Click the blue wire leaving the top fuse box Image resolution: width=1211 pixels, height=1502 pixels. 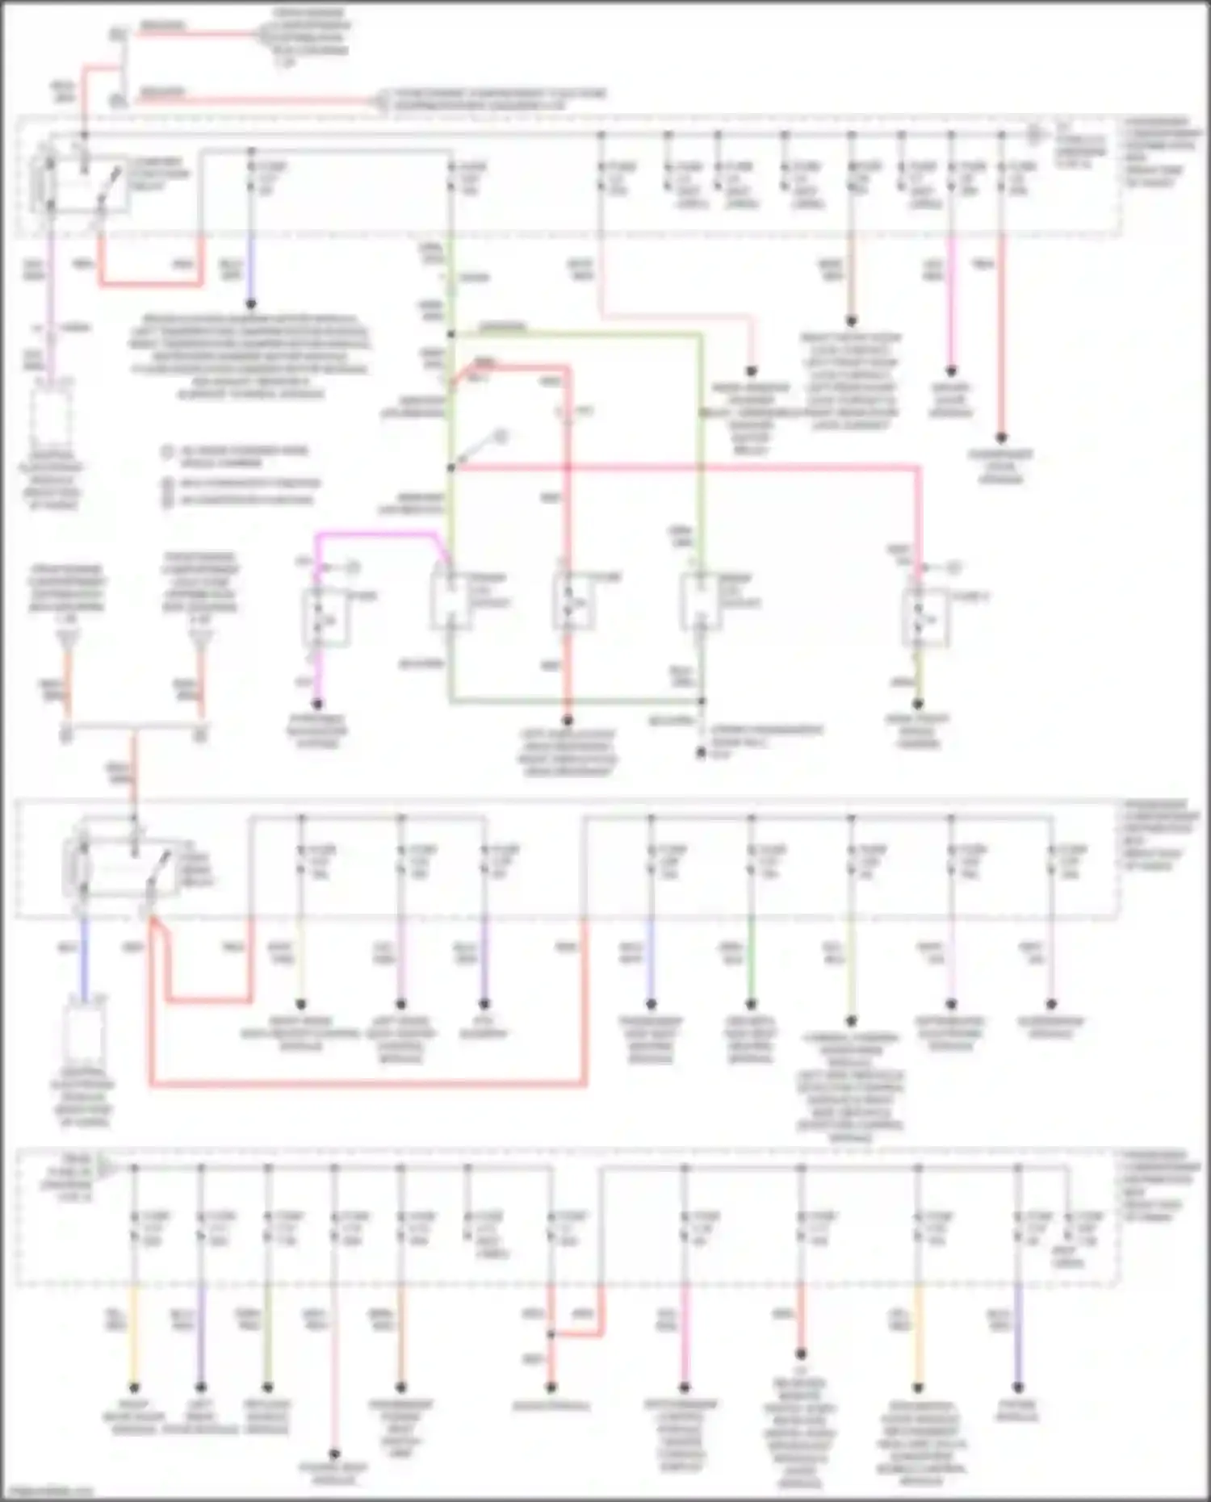pyautogui.click(x=250, y=270)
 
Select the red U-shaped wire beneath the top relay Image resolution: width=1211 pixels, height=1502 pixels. pyautogui.click(x=149, y=283)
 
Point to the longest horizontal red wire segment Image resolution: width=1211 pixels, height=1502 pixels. pyautogui.click(x=367, y=1083)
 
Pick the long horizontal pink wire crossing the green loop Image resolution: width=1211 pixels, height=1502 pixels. pyautogui.click(x=686, y=466)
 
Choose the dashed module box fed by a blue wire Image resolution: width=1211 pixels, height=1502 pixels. pyautogui.click(x=84, y=1029)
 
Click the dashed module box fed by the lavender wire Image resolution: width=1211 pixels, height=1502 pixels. pyautogui.click(x=50, y=416)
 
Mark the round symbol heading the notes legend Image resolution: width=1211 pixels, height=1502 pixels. pyautogui.click(x=167, y=452)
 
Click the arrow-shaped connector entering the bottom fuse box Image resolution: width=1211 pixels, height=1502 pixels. pyautogui.click(x=106, y=1167)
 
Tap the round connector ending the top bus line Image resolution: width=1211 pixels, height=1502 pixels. pyautogui.click(x=1033, y=136)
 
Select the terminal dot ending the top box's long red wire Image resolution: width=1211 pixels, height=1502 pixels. pyautogui.click(x=1000, y=438)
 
